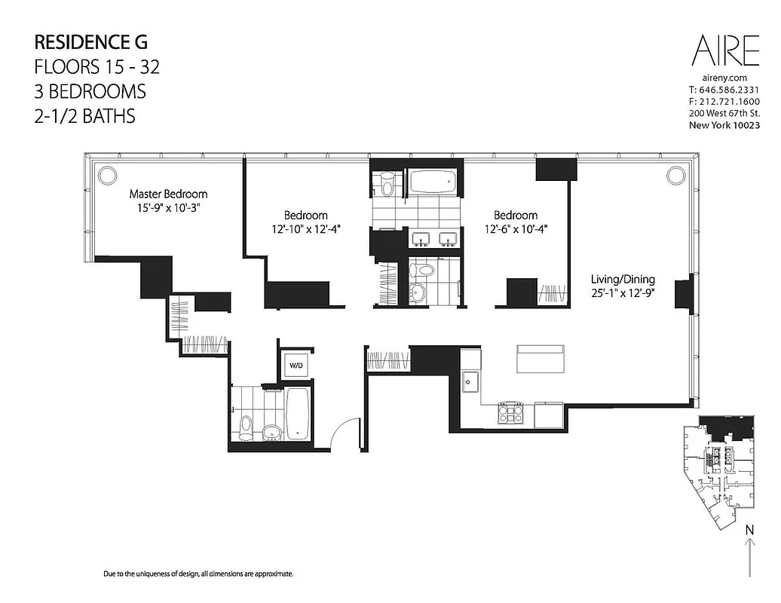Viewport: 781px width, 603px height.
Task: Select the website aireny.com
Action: (724, 78)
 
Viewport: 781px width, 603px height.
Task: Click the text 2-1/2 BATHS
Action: (84, 116)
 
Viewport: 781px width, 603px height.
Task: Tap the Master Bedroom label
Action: (168, 194)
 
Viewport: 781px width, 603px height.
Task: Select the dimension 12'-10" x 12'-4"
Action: (305, 229)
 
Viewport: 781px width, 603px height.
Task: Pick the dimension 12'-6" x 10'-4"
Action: (516, 229)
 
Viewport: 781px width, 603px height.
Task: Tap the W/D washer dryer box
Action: (296, 366)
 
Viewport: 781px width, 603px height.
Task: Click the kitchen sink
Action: (471, 380)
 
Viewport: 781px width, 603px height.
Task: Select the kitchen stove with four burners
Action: (509, 413)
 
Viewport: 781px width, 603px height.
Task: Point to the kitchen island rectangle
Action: (540, 358)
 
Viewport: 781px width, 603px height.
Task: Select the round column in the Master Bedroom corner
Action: (107, 174)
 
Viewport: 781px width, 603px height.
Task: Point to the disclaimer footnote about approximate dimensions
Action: (198, 574)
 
